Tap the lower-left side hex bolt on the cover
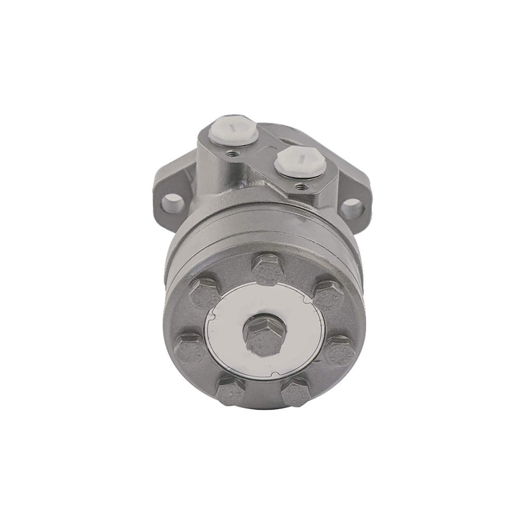pyautogui.click(x=188, y=347)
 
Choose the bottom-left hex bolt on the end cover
pyautogui.click(x=231, y=389)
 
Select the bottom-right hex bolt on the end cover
pyautogui.click(x=295, y=391)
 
